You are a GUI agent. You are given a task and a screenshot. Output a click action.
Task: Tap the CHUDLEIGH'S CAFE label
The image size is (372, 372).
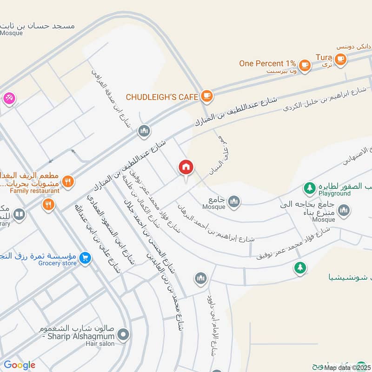162,97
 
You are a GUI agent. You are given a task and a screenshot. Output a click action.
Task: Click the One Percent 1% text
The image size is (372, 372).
267,64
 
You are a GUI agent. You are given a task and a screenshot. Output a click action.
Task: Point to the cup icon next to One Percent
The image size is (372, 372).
305,65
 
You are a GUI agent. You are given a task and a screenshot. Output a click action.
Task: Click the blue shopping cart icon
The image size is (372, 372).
85,258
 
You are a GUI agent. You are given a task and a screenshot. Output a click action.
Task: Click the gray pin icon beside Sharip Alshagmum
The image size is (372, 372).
123,334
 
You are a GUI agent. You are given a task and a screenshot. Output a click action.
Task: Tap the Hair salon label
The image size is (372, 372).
101,344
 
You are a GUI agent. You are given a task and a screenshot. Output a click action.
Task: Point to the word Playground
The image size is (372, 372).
334,193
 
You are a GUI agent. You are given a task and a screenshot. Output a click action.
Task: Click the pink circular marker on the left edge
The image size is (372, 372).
8,99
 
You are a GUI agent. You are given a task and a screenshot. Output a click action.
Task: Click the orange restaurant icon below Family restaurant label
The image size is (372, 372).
48,204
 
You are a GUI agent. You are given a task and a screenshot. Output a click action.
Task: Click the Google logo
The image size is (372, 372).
20,365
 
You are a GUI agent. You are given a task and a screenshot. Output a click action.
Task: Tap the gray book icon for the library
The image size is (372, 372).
19,214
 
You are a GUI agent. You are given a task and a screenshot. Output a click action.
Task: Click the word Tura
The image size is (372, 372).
324,57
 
